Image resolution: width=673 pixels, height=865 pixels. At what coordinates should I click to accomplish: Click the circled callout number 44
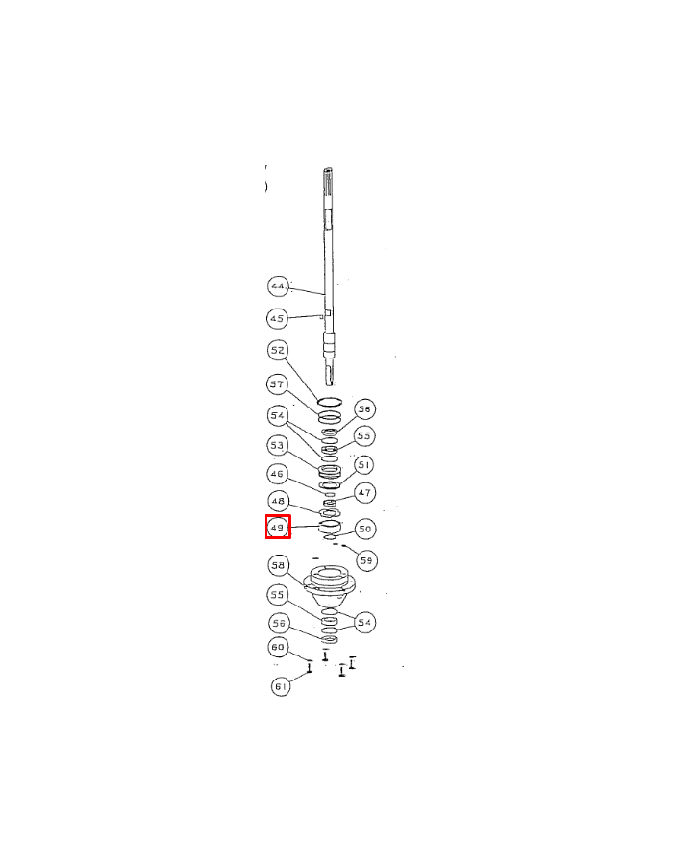click(x=278, y=287)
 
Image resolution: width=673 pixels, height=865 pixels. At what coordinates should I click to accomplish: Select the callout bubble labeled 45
click(x=278, y=317)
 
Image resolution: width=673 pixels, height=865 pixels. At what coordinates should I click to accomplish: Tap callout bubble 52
click(x=278, y=351)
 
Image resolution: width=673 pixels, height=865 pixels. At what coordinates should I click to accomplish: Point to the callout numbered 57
click(x=278, y=384)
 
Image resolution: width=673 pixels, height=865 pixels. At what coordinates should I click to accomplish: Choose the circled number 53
click(x=278, y=446)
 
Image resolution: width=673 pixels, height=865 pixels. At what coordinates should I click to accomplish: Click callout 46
click(x=278, y=474)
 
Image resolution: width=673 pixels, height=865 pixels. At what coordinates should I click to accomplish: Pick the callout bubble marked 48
click(x=278, y=501)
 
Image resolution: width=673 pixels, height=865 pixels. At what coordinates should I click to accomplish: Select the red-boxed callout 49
click(x=278, y=527)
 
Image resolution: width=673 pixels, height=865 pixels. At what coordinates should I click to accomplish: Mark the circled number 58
click(x=278, y=564)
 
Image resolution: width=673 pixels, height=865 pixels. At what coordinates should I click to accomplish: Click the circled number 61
click(x=280, y=686)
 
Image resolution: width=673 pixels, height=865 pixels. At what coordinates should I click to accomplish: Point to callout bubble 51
click(x=364, y=465)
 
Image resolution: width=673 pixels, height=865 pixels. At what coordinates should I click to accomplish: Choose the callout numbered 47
click(x=364, y=493)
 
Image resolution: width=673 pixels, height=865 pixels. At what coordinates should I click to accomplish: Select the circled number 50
click(x=364, y=529)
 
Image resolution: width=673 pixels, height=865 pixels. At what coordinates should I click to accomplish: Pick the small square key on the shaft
click(x=327, y=314)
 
